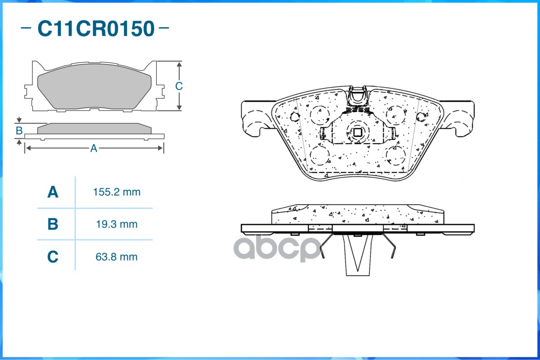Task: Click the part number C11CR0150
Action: point(95,28)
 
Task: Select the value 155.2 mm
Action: point(117,192)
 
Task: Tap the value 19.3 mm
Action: point(117,224)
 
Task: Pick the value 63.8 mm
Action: point(117,257)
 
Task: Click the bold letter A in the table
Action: point(53,192)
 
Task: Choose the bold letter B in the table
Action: point(53,224)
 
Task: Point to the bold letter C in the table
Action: point(53,257)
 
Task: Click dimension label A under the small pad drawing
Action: point(94,148)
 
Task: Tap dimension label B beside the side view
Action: point(19,131)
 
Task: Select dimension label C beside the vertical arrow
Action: point(179,86)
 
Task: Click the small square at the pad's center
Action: point(357,133)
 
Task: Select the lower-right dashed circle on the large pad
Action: point(396,155)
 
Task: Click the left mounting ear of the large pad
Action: point(255,117)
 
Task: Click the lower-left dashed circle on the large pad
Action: point(320,155)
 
